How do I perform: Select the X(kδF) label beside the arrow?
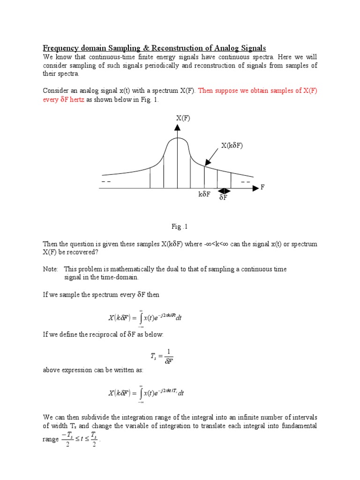[x=233, y=146]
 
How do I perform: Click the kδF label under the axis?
[x=204, y=195]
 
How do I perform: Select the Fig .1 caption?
[x=180, y=227]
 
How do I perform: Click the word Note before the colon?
[x=50, y=269]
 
